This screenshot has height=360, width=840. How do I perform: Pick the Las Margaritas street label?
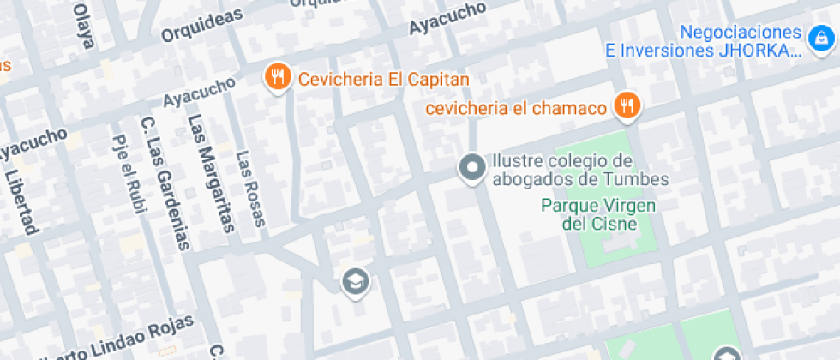pos(211,172)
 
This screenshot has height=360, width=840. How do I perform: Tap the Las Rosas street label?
pos(250,189)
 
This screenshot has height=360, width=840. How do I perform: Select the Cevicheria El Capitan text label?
pos(384,80)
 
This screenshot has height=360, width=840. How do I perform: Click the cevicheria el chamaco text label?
pos(516,109)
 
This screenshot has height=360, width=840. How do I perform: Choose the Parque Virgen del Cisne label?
pos(599,214)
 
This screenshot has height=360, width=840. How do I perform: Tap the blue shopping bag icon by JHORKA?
pos(819,38)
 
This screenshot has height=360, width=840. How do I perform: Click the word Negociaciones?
pos(742,32)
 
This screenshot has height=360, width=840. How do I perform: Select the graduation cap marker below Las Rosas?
pos(354,280)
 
